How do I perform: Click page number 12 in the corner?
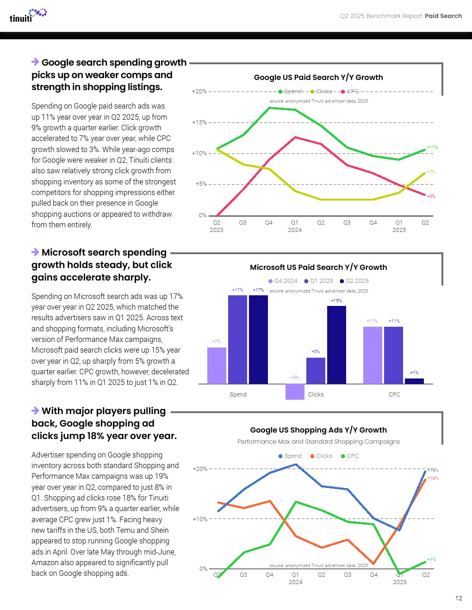point(459,598)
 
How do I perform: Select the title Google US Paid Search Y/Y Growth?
point(318,78)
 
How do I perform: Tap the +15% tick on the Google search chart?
point(199,122)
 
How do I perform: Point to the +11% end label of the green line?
point(432,147)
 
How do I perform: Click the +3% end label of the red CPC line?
point(431,196)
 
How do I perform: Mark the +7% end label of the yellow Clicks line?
point(431,172)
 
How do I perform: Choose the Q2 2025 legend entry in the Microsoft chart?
point(354,281)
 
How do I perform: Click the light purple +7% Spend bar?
point(217,366)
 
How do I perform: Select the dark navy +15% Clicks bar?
point(336,345)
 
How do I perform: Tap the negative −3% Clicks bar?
point(295,391)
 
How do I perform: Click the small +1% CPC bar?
point(414,381)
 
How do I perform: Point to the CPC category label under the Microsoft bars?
point(394,395)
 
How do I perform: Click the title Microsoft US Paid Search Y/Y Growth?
point(318,268)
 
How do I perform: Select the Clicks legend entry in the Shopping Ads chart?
point(321,456)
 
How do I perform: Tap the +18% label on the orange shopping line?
point(433,478)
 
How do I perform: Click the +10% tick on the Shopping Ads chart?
point(200,519)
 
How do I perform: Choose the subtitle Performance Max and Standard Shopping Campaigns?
point(318,442)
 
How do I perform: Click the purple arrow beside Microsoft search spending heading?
point(35,252)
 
